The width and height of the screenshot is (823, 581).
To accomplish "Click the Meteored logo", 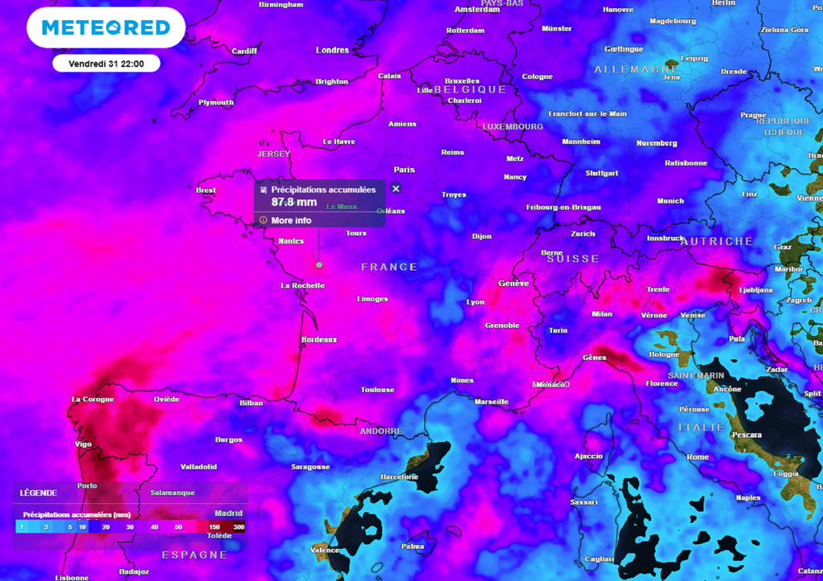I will [x=106, y=27].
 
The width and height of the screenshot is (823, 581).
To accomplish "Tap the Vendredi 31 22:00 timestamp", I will [x=106, y=63].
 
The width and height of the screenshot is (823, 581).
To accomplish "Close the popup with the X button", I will [x=395, y=189].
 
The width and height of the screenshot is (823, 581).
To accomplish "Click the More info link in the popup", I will [x=291, y=220].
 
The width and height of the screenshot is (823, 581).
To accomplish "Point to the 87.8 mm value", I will [x=293, y=203].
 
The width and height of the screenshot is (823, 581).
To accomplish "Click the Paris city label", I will [x=404, y=170].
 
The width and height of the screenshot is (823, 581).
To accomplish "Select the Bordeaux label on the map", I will [x=317, y=340].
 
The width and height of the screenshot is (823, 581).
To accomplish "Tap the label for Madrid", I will [x=228, y=513].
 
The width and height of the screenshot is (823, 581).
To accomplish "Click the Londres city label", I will [x=333, y=50].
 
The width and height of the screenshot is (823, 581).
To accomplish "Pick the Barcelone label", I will [x=399, y=477].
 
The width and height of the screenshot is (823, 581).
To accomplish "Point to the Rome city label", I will [x=698, y=457].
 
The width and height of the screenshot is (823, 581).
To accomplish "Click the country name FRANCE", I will [x=389, y=267].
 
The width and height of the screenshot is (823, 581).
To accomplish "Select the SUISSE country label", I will [x=573, y=259].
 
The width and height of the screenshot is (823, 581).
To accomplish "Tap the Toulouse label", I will [x=377, y=390].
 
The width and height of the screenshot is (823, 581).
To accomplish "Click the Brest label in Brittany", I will [x=206, y=190].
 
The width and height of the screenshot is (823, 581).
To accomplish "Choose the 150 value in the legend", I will [x=215, y=527].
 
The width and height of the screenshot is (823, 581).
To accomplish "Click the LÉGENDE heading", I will [x=39, y=493].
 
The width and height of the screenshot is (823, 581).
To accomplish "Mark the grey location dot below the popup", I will [x=319, y=264].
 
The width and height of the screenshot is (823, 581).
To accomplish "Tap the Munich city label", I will [x=670, y=201].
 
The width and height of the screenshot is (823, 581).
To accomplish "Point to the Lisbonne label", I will [x=72, y=578].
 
